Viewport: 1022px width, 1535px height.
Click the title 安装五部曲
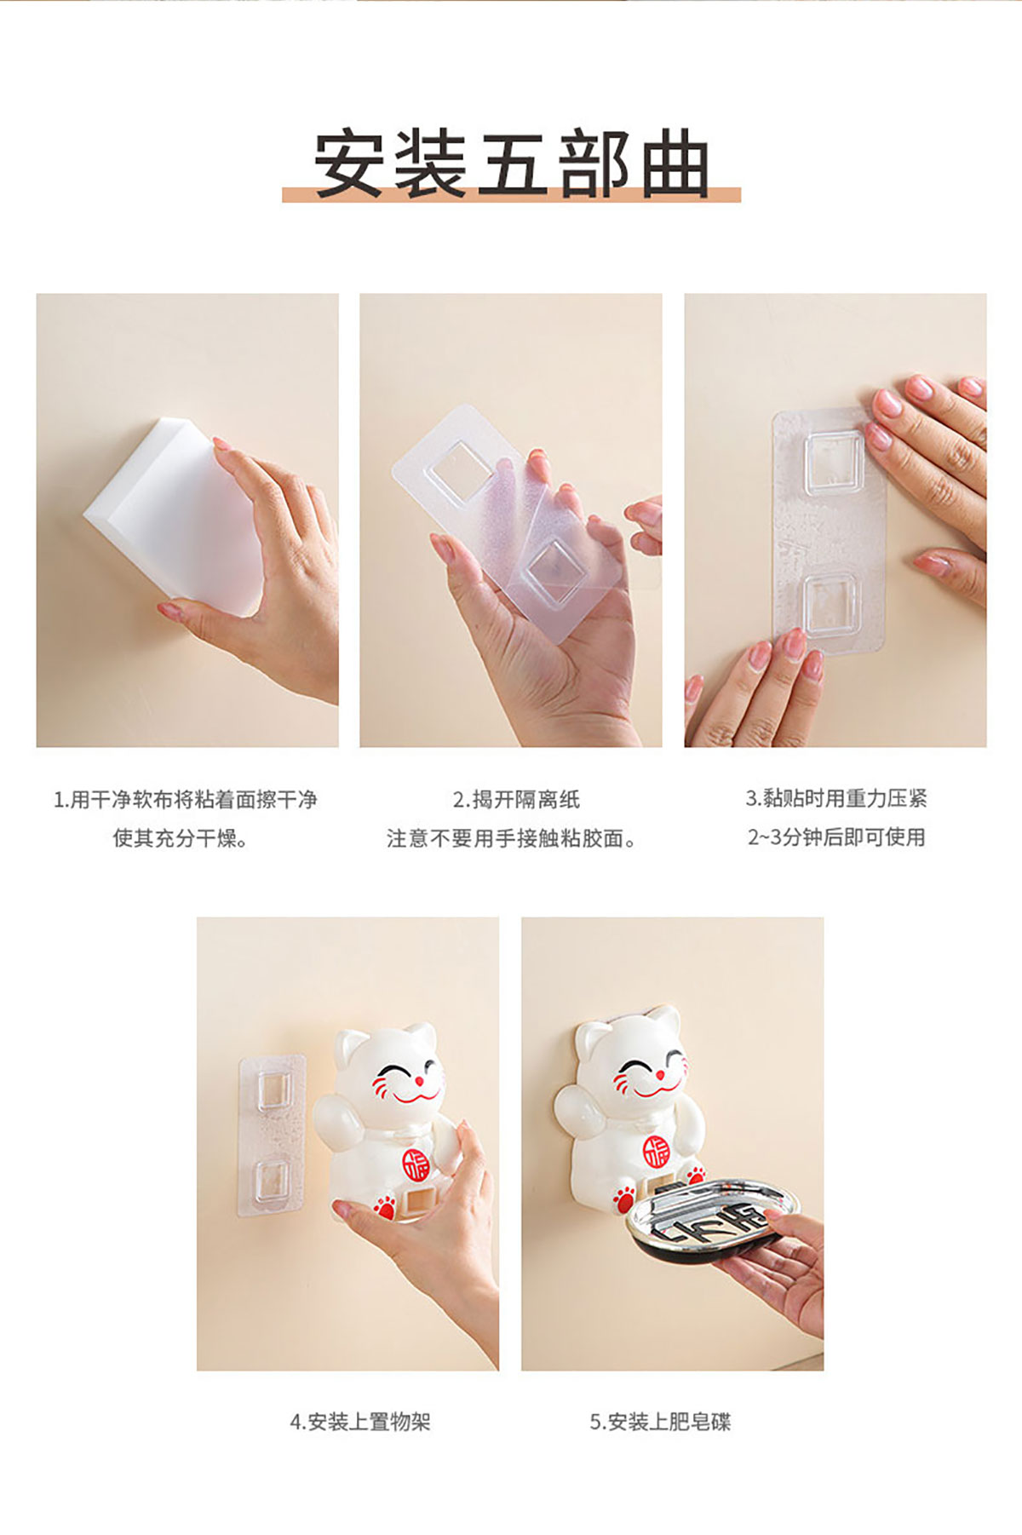512,164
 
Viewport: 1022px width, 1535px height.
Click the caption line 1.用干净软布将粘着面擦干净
186,800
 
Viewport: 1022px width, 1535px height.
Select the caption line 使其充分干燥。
181,838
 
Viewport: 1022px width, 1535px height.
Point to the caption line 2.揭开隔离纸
516,800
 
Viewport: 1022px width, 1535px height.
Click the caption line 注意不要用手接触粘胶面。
513,838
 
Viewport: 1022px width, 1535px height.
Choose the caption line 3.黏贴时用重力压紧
836,798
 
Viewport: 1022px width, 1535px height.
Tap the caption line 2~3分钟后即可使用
836,837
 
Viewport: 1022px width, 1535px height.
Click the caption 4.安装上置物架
360,1422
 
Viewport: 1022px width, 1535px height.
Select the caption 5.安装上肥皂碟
660,1422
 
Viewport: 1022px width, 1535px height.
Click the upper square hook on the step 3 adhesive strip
835,463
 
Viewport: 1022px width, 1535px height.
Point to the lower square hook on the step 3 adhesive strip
830,604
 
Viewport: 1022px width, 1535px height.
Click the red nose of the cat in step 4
418,1082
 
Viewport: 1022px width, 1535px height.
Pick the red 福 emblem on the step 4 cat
416,1162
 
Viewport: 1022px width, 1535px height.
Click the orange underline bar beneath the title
511,194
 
